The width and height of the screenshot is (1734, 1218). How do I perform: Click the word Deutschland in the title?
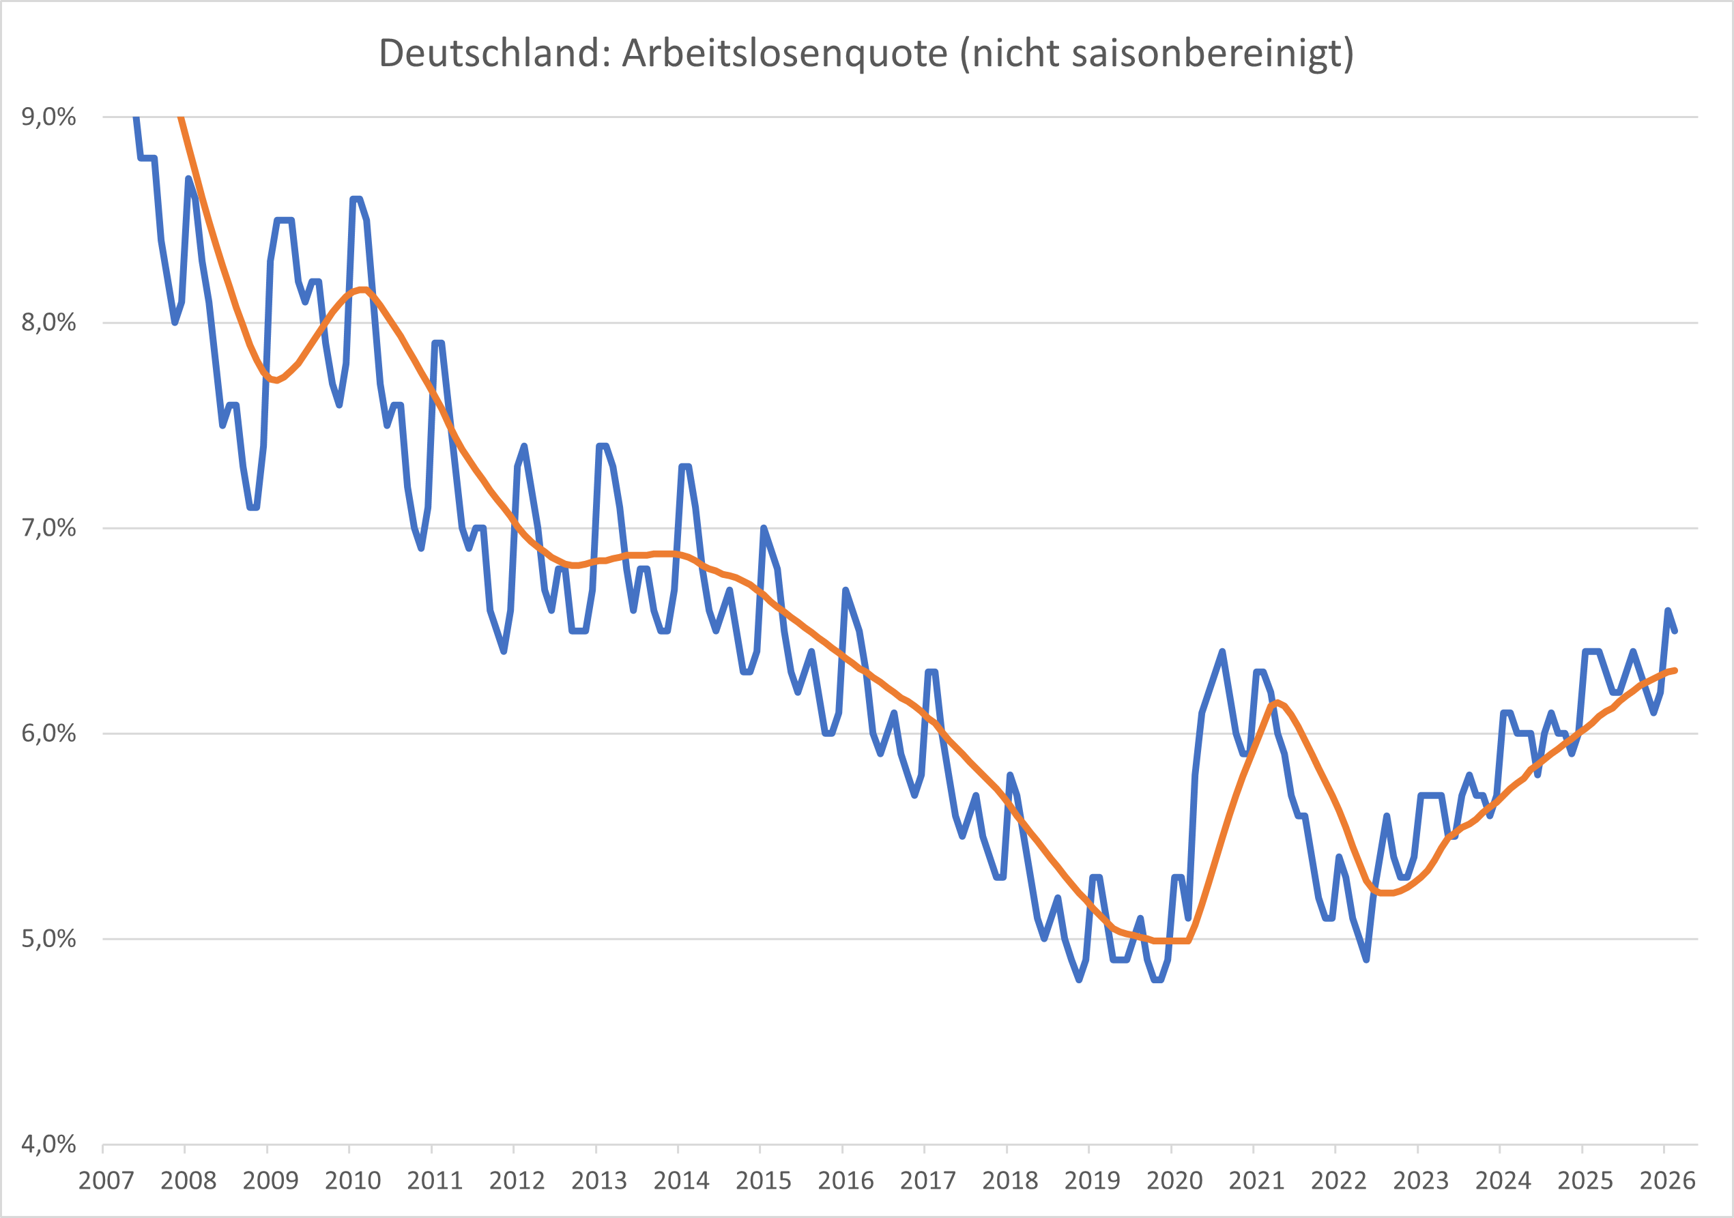pos(494,54)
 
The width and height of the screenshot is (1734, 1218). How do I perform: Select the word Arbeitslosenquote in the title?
pos(784,54)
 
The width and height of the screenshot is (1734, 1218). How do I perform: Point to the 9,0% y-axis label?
pos(48,117)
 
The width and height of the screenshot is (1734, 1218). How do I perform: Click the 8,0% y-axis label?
pos(48,323)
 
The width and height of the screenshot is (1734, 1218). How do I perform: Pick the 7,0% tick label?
pos(48,528)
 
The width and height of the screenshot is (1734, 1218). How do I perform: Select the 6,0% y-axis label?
pos(48,734)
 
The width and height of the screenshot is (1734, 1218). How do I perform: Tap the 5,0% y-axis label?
pos(48,939)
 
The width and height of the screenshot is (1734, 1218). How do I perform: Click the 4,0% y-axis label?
pos(48,1144)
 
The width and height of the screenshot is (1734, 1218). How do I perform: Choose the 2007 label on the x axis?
pos(106,1180)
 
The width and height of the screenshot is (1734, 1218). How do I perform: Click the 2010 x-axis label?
pos(352,1180)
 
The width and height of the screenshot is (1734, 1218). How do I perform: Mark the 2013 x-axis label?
pos(599,1180)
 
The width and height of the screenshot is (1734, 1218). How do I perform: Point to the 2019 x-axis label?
pos(1092,1180)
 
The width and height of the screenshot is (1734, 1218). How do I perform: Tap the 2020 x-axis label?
pos(1174,1180)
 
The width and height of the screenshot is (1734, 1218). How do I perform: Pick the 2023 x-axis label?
pos(1421,1180)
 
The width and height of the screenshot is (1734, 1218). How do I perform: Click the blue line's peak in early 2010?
pos(356,199)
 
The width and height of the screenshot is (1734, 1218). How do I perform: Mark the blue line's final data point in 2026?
pos(1675,630)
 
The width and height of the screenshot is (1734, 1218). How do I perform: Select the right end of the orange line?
pos(1675,670)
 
